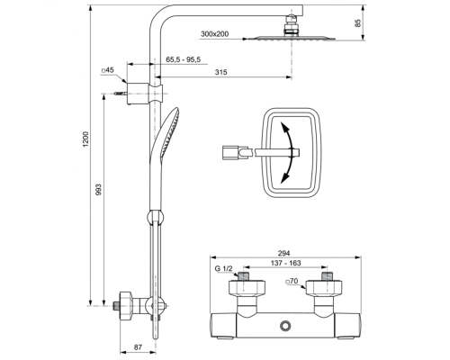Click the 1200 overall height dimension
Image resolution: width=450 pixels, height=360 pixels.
[85, 139]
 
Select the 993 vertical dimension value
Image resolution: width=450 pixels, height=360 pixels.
[98, 190]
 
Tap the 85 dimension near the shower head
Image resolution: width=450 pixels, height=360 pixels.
[357, 23]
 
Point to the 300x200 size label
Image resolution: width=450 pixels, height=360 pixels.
[214, 34]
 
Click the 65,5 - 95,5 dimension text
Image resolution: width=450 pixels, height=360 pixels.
[183, 59]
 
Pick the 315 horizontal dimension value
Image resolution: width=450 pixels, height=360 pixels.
[221, 72]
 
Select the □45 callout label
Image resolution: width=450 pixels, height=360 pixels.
[108, 70]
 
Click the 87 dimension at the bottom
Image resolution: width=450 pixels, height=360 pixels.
[138, 347]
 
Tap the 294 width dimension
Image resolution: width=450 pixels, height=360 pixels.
[283, 254]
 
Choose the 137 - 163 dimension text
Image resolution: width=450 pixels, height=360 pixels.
[285, 263]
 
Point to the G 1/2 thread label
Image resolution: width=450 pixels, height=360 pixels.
[223, 268]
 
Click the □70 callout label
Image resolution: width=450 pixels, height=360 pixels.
[292, 281]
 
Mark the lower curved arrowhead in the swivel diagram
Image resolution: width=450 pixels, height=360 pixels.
[284, 179]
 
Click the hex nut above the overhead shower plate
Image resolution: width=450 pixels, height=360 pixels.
[291, 28]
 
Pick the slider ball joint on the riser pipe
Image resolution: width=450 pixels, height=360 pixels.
[156, 217]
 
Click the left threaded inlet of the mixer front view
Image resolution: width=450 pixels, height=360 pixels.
[244, 276]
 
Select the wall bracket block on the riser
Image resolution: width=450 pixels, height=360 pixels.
[138, 94]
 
